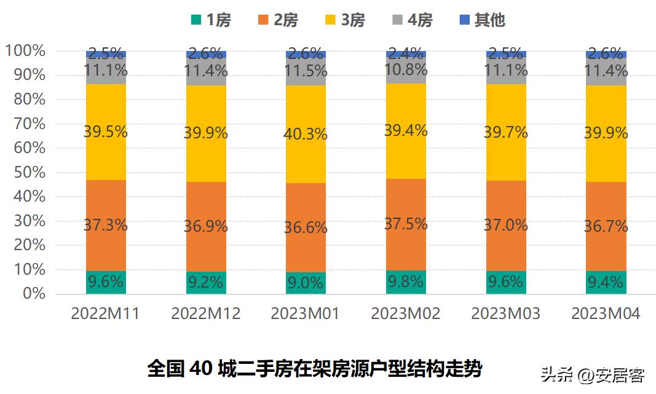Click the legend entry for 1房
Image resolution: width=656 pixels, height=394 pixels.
pyautogui.click(x=211, y=20)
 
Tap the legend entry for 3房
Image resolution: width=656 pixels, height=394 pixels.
pyautogui.click(x=346, y=20)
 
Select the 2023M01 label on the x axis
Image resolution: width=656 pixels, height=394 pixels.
pyautogui.click(x=306, y=313)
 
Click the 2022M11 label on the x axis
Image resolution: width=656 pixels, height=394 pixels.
pyautogui.click(x=105, y=313)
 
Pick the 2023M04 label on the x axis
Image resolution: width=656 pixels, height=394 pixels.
pyautogui.click(x=606, y=313)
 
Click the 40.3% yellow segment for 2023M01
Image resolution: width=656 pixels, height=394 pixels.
pyautogui.click(x=306, y=134)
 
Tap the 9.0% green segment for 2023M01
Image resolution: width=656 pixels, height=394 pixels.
pyautogui.click(x=306, y=283)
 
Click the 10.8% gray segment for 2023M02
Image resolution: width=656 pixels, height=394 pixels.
pyautogui.click(x=406, y=71)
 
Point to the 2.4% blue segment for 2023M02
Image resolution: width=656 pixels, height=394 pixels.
pyautogui.click(x=406, y=54)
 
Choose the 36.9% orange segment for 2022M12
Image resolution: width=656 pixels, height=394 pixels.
pyautogui.click(x=206, y=227)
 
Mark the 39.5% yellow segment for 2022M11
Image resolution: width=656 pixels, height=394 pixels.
pyautogui.click(x=106, y=132)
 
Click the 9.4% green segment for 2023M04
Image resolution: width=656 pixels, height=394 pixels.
pyautogui.click(x=606, y=283)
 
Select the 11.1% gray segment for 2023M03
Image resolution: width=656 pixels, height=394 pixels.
pyautogui.click(x=506, y=71)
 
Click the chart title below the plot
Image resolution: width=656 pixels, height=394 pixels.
pyautogui.click(x=314, y=369)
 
